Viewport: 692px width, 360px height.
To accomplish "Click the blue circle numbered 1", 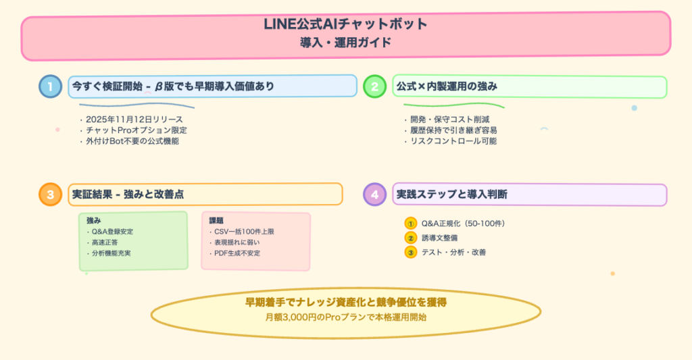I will pyautogui.click(x=50, y=86).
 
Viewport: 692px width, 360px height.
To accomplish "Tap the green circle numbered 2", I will pyautogui.click(x=374, y=86).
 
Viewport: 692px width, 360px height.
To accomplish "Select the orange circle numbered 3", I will pyautogui.click(x=50, y=195).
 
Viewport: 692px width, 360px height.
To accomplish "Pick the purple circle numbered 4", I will pyautogui.click(x=374, y=195).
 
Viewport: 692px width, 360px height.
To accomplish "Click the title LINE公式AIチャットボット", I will pyautogui.click(x=345, y=24).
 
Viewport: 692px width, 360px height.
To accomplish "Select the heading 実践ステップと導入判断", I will pyautogui.click(x=452, y=195).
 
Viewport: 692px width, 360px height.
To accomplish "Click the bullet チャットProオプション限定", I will pyautogui.click(x=133, y=130).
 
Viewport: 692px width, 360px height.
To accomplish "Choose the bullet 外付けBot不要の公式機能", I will pyautogui.click(x=132, y=141).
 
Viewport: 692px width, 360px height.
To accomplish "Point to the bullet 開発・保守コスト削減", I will pyautogui.click(x=445, y=120).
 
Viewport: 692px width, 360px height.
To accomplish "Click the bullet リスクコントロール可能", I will pyautogui.click(x=449, y=141).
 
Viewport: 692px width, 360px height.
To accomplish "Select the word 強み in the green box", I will pyautogui.click(x=93, y=220).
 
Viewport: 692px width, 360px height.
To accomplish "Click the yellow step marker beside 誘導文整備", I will pyautogui.click(x=410, y=238).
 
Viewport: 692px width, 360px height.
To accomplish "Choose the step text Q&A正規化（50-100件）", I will pyautogui.click(x=463, y=224).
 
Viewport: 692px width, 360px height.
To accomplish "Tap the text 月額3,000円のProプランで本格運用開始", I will pyautogui.click(x=345, y=316).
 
